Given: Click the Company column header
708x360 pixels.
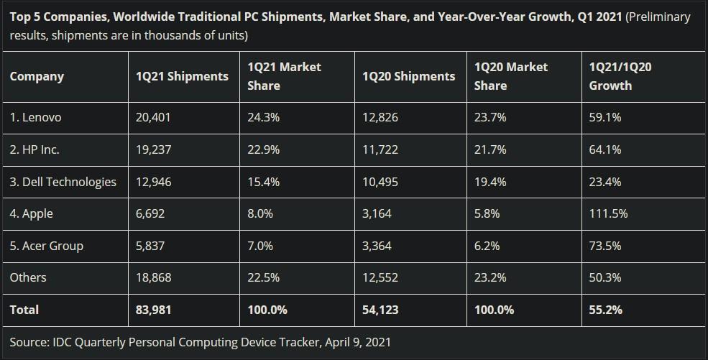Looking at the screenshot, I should pyautogui.click(x=37, y=76).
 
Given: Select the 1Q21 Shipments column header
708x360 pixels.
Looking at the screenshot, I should pyautogui.click(x=182, y=76).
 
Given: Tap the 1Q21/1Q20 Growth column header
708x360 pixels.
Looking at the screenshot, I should pyautogui.click(x=620, y=76).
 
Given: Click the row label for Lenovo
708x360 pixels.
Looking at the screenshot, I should pyautogui.click(x=36, y=118).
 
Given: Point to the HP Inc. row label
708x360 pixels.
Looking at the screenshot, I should pyautogui.click(x=35, y=149).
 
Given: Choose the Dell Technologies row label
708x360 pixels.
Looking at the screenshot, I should pyautogui.click(x=63, y=182).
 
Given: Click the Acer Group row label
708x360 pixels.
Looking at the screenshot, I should pyautogui.click(x=47, y=246).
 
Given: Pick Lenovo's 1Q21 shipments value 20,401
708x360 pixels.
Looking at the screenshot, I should pyautogui.click(x=153, y=118).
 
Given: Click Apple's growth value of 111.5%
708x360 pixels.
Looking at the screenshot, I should pyautogui.click(x=608, y=214).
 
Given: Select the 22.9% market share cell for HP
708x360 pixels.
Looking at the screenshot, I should pyautogui.click(x=263, y=149).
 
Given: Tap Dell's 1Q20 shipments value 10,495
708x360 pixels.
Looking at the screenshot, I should pyautogui.click(x=380, y=182).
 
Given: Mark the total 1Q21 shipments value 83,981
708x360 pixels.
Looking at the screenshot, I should pyautogui.click(x=153, y=310).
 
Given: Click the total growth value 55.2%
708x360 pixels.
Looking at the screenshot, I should pyautogui.click(x=605, y=310).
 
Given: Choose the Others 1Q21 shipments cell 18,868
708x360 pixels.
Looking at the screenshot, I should pyautogui.click(x=153, y=277).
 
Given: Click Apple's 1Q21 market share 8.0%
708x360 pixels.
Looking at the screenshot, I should pyautogui.click(x=260, y=214).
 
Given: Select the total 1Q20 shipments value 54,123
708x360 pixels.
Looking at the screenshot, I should pyautogui.click(x=380, y=310).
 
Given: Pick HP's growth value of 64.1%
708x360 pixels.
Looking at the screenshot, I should pyautogui.click(x=605, y=149).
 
